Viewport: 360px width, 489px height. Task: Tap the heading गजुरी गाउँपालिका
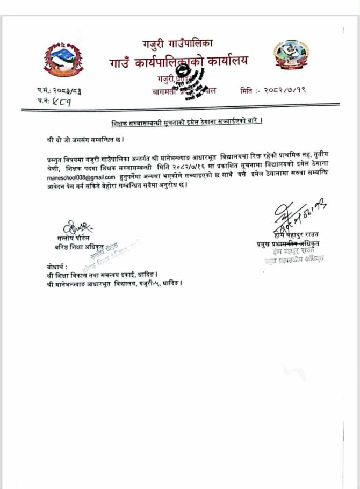(x=178, y=42)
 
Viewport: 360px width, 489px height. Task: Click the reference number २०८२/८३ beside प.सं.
(x=67, y=90)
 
